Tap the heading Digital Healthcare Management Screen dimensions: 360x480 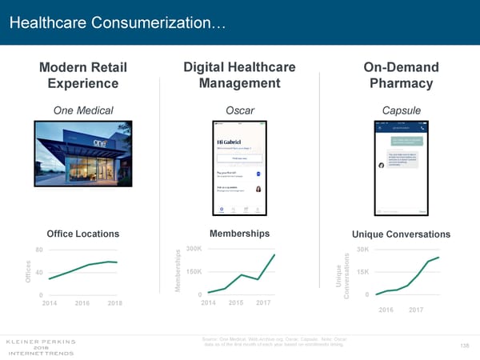point(239,75)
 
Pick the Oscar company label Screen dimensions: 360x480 point(239,111)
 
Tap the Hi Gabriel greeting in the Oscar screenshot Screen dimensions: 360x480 point(229,140)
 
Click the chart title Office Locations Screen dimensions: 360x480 point(83,234)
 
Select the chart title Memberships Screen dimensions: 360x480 point(239,233)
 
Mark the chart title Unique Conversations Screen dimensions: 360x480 point(401,234)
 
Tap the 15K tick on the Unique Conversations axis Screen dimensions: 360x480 point(362,272)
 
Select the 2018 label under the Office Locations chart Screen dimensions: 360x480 point(114,303)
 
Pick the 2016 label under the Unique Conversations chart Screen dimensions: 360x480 point(386,310)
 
